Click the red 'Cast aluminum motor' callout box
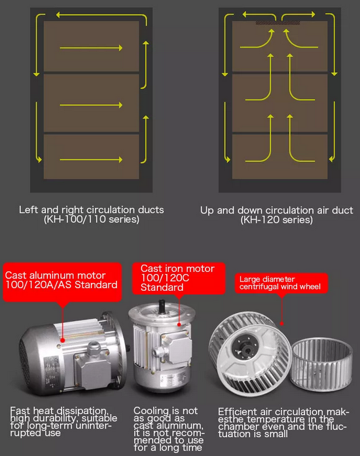[62, 282]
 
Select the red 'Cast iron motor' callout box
[179, 278]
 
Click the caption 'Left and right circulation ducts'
[91, 210]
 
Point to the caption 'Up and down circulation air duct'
[277, 210]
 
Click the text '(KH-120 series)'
[277, 219]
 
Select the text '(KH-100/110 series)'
[91, 219]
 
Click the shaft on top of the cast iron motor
[162, 306]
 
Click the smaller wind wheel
[321, 364]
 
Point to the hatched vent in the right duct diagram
[278, 23]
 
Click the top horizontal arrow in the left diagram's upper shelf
[91, 48]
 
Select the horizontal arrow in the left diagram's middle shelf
[91, 105]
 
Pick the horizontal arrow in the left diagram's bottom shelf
[91, 159]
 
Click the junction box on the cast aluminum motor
[92, 368]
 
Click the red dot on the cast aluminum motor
[62, 340]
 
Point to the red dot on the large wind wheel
[281, 324]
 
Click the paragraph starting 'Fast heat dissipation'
[63, 422]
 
